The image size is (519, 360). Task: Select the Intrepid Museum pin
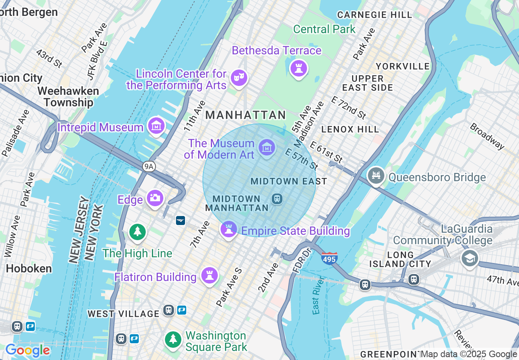[156, 126]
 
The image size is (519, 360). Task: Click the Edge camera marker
[155, 198]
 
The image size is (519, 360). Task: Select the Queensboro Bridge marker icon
[376, 176]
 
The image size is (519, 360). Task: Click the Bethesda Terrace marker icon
[299, 68]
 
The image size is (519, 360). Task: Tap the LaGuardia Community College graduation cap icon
[469, 258]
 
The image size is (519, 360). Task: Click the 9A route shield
[149, 166]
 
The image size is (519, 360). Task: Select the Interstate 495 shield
[329, 258]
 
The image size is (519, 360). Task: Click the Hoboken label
[29, 269]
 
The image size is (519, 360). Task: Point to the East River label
[316, 301]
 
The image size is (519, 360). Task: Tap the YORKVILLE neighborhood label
[402, 66]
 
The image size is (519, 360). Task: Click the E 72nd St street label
[348, 108]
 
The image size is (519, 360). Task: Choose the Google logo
[27, 351]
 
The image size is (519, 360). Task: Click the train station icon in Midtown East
[277, 199]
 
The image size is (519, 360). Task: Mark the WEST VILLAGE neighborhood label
[124, 314]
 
